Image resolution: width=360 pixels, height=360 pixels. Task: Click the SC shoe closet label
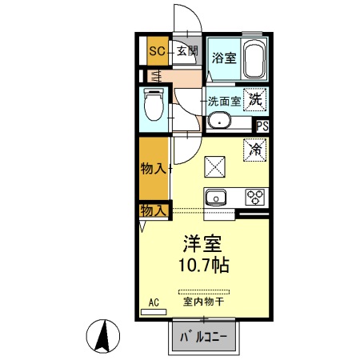[x=156, y=50]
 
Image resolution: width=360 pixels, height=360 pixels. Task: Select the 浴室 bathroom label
[x=223, y=58]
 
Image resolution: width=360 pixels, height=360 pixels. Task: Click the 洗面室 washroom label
[x=225, y=102]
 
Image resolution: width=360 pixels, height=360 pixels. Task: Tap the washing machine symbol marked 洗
[x=254, y=101]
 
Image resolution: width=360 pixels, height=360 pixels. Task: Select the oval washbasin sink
[x=218, y=122]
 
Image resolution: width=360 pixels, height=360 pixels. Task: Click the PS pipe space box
[x=262, y=125]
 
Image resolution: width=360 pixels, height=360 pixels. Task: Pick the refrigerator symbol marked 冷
[x=255, y=149]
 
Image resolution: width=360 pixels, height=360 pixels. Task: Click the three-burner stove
[x=255, y=197]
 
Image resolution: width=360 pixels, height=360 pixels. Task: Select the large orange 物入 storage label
[x=153, y=169]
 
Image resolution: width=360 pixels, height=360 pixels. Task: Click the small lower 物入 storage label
[x=153, y=210]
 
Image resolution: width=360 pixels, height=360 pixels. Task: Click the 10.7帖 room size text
[x=204, y=265]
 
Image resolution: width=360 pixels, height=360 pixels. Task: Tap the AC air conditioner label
[x=154, y=303]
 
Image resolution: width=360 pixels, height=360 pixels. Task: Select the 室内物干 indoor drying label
[x=203, y=302]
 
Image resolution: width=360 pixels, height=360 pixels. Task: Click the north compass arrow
[x=104, y=335]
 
